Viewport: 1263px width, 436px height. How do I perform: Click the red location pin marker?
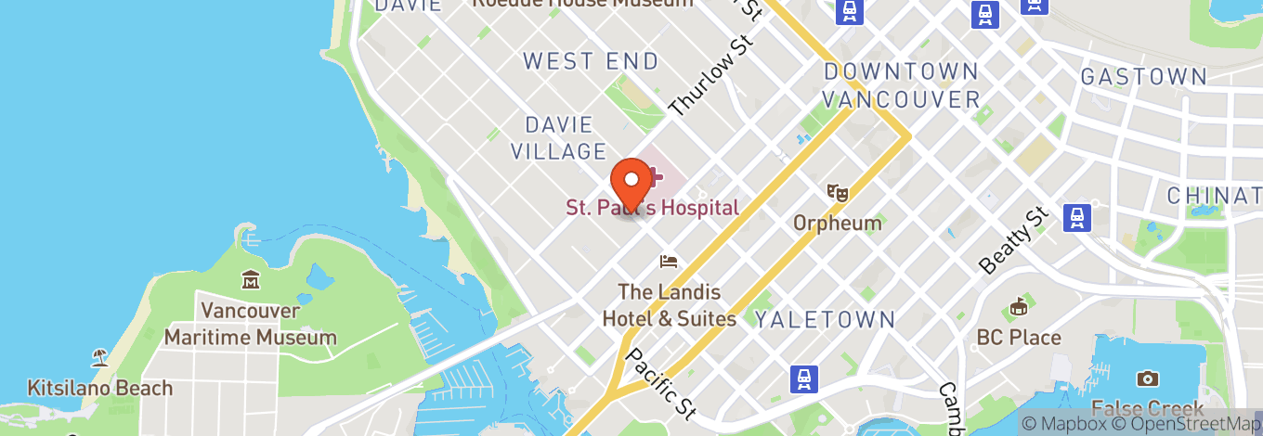tap(631, 183)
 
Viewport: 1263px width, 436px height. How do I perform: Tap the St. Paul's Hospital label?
tap(653, 208)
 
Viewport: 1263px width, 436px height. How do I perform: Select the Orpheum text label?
tap(837, 223)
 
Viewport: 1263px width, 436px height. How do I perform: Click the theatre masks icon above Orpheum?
tap(838, 193)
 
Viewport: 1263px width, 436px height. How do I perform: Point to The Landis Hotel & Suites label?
tap(669, 305)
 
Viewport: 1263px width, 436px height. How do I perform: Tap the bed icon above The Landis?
tap(669, 262)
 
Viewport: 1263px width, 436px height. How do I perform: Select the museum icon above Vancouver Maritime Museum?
tap(251, 279)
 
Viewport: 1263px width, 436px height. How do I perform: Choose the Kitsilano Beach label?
tap(100, 388)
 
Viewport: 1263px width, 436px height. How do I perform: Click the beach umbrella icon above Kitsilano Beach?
tap(99, 357)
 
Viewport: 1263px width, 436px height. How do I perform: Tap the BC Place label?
tap(1019, 338)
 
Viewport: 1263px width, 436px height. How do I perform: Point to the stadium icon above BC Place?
tap(1019, 306)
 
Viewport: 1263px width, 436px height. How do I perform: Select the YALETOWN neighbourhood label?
tap(825, 320)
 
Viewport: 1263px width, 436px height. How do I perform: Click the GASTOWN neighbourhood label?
tap(1143, 77)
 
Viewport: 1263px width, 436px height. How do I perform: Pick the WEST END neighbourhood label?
tap(591, 62)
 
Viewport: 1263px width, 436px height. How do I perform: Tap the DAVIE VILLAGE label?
tap(565, 137)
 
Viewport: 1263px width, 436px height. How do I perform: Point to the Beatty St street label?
tap(1014, 240)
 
